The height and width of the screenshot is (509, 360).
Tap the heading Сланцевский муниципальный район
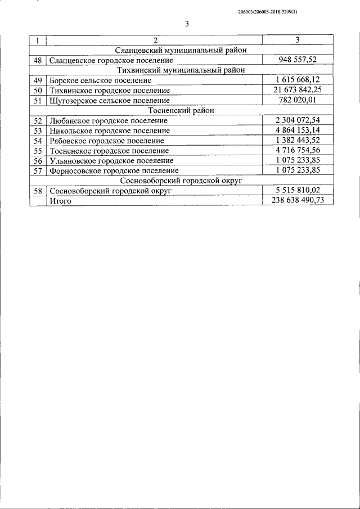[181, 50]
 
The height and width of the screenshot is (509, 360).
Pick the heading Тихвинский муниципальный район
[181, 70]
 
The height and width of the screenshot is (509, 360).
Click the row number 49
[38, 80]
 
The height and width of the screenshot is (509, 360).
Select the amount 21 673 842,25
[298, 90]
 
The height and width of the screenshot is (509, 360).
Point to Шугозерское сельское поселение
[109, 100]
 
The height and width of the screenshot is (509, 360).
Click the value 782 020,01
[298, 100]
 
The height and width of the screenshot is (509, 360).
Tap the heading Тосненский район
[181, 110]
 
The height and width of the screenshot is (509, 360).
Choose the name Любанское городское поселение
[108, 120]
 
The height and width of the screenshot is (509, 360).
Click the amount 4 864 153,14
[298, 130]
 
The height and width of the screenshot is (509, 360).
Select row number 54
[38, 140]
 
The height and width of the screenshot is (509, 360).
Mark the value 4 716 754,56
[298, 150]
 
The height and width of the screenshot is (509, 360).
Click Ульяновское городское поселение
[111, 160]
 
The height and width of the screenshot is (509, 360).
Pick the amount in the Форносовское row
[298, 170]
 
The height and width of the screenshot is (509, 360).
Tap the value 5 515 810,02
[298, 190]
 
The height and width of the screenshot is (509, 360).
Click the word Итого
[60, 200]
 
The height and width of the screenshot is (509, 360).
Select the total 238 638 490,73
[298, 200]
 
